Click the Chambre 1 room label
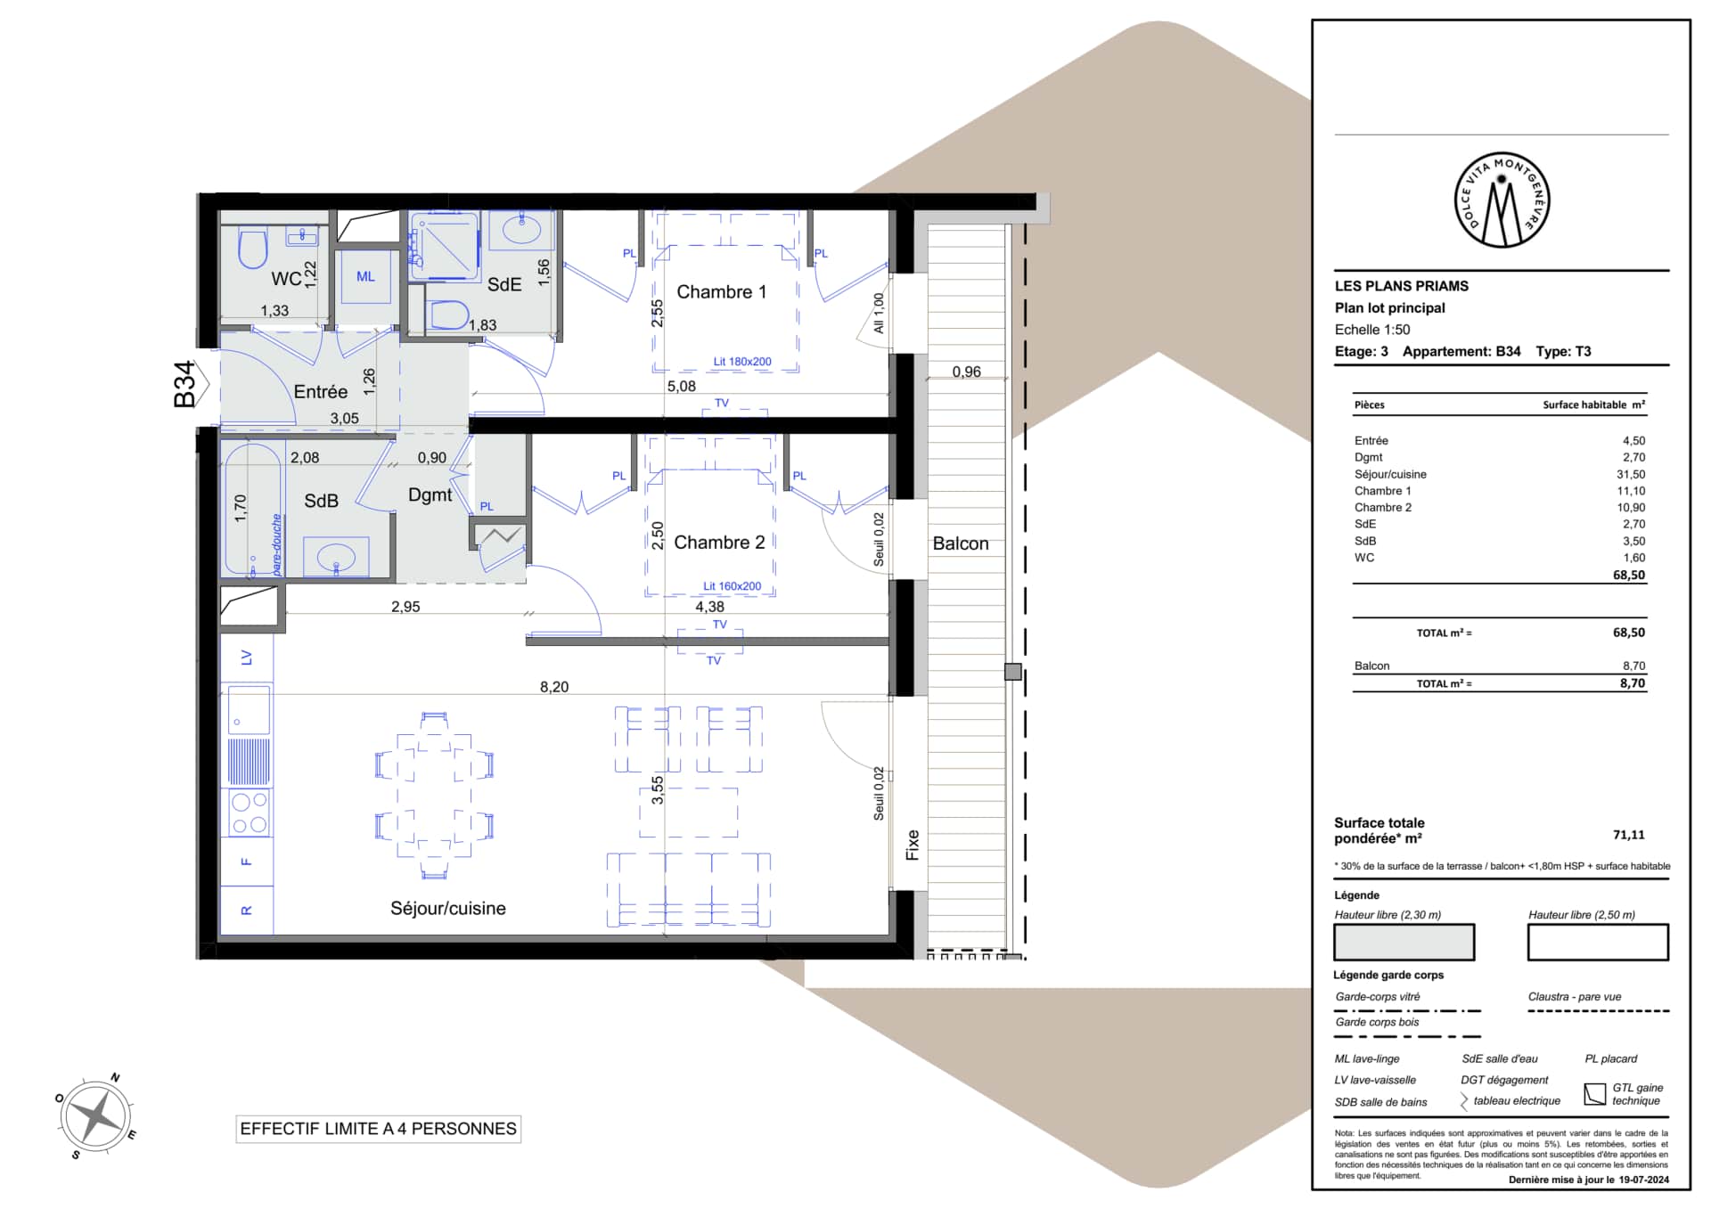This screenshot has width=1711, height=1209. click(x=721, y=292)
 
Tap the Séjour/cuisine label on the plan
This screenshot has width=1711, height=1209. click(x=448, y=909)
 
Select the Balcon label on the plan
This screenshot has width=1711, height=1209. click(x=961, y=543)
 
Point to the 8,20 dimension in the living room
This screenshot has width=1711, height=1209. click(x=554, y=687)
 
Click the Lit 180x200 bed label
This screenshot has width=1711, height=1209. click(x=742, y=362)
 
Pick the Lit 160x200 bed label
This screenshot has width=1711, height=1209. click(x=733, y=586)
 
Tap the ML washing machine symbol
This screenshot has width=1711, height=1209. click(x=366, y=277)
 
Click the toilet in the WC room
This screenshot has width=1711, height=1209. click(x=253, y=249)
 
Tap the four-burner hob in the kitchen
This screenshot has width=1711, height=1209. click(x=250, y=813)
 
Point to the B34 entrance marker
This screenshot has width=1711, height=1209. click(x=188, y=384)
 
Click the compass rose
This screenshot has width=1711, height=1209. click(x=96, y=1115)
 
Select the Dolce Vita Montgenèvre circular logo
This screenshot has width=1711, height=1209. click(x=1502, y=200)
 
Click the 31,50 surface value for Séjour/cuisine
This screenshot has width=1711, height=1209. click(x=1631, y=475)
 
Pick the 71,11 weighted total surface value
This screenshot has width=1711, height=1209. click(x=1629, y=835)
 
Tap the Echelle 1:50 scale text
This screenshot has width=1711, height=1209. click(x=1372, y=330)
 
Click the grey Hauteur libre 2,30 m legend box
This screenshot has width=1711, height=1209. click(x=1404, y=942)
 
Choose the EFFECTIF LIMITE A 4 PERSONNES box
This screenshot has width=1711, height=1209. click(x=379, y=1129)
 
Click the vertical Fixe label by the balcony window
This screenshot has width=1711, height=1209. click(x=913, y=845)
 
